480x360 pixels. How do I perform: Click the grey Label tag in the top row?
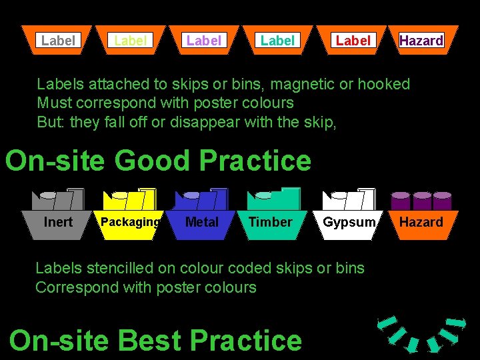58,41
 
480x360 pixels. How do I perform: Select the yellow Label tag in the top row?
131,41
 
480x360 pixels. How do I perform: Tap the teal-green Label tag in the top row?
277,41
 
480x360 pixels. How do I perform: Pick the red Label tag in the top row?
353,41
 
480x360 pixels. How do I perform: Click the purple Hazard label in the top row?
421,41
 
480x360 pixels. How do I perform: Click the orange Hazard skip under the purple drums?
421,222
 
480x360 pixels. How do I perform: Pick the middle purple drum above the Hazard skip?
421,200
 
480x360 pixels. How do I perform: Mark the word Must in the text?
52,103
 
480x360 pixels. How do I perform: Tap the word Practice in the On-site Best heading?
246,341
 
